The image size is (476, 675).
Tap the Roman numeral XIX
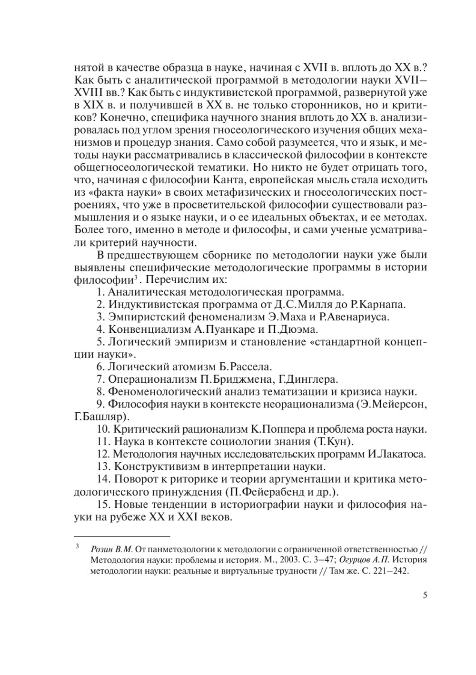click(x=94, y=104)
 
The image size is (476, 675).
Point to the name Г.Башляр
click(x=101, y=417)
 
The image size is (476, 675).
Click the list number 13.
click(x=103, y=466)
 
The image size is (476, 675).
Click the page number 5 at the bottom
click(x=425, y=595)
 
